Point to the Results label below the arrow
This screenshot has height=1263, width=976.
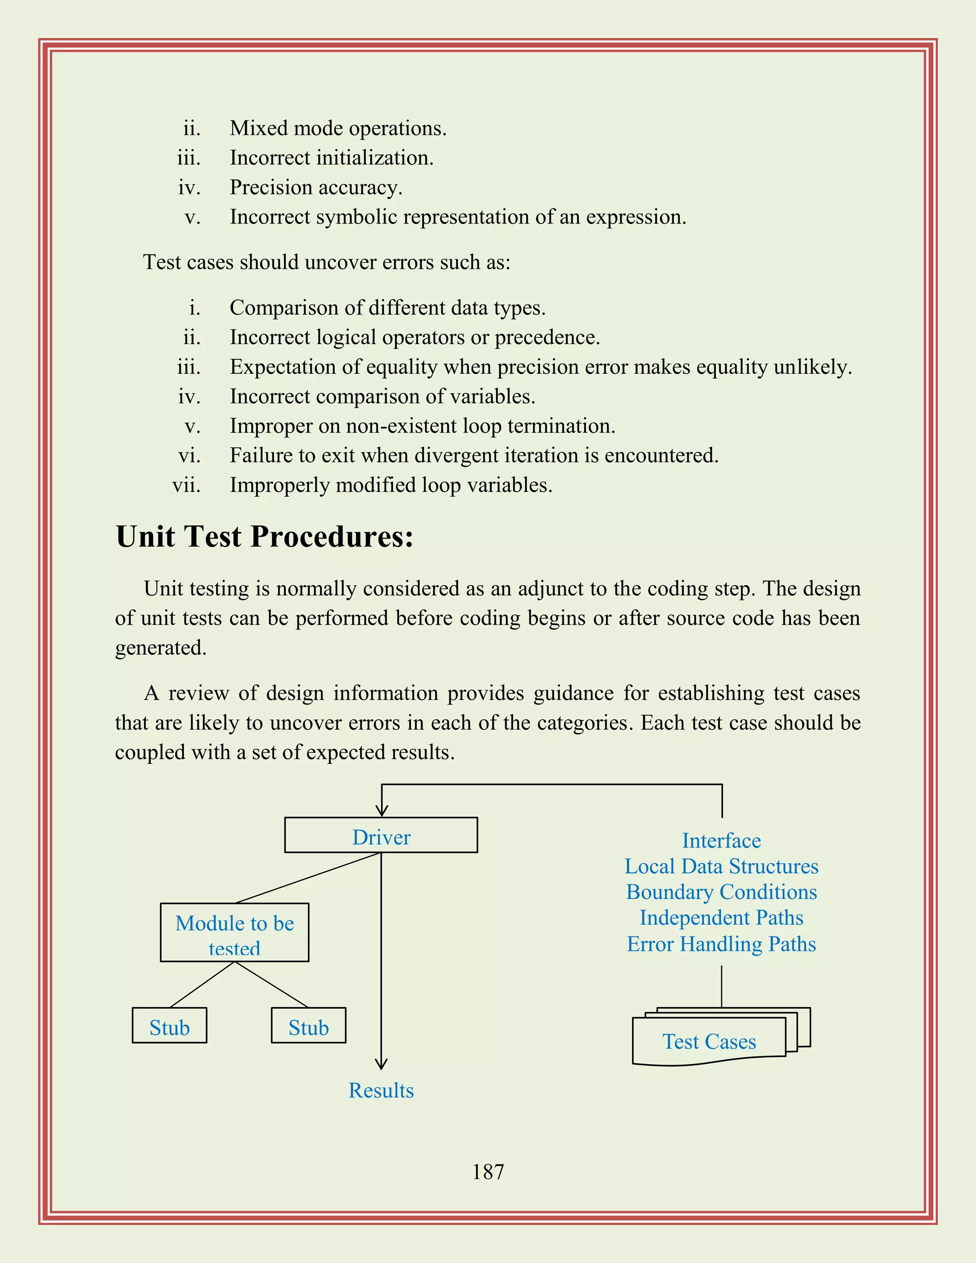coord(381,1090)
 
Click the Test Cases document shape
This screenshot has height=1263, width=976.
coord(710,1041)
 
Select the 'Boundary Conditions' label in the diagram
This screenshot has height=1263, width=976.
coord(721,892)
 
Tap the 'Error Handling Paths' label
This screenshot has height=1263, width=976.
coord(721,944)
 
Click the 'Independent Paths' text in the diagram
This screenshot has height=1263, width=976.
coord(721,918)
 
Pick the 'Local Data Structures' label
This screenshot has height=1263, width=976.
coord(721,866)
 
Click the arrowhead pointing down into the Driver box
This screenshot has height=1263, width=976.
coord(381,811)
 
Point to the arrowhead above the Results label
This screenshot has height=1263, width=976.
coord(381,1064)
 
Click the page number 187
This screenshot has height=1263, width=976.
coord(488,1172)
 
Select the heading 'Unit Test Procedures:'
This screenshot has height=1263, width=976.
coord(265,537)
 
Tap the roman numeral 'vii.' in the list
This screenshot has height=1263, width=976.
coord(186,485)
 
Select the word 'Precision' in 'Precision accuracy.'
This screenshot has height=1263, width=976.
coord(271,187)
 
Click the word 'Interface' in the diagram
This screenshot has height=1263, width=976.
coord(721,840)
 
